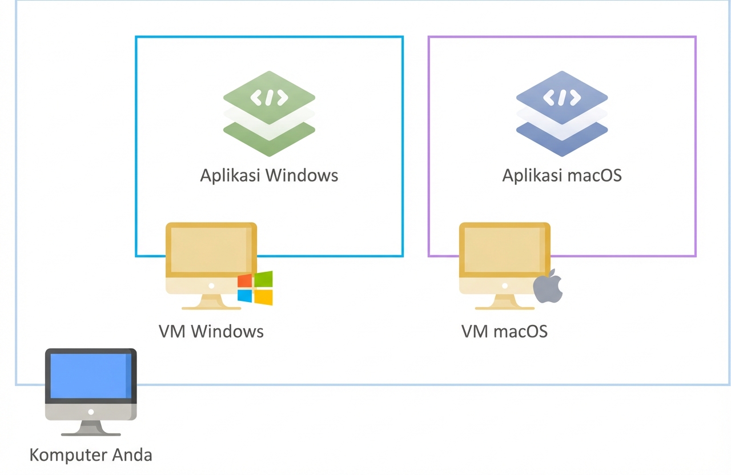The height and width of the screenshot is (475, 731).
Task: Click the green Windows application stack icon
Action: click(269, 114)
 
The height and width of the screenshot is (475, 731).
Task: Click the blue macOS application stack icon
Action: click(562, 114)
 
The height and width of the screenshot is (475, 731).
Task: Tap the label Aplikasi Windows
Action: click(269, 175)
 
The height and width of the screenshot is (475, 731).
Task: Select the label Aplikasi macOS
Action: click(562, 175)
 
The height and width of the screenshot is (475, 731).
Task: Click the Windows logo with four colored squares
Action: click(255, 288)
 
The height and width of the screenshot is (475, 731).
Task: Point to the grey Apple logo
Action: click(548, 287)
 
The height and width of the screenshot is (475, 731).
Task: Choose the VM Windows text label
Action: click(211, 331)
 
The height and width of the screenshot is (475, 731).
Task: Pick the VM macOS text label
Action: click(504, 331)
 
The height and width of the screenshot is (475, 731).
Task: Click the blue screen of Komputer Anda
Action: click(91, 375)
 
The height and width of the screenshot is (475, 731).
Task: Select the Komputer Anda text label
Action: click(91, 455)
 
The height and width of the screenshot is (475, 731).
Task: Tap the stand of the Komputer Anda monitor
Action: click(91, 427)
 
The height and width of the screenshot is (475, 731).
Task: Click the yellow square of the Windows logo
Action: click(264, 296)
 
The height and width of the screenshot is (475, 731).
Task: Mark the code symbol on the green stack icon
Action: click(269, 98)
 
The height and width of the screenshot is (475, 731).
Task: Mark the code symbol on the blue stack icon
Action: click(562, 98)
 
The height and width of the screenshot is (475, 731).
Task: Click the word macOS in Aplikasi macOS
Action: click(593, 175)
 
